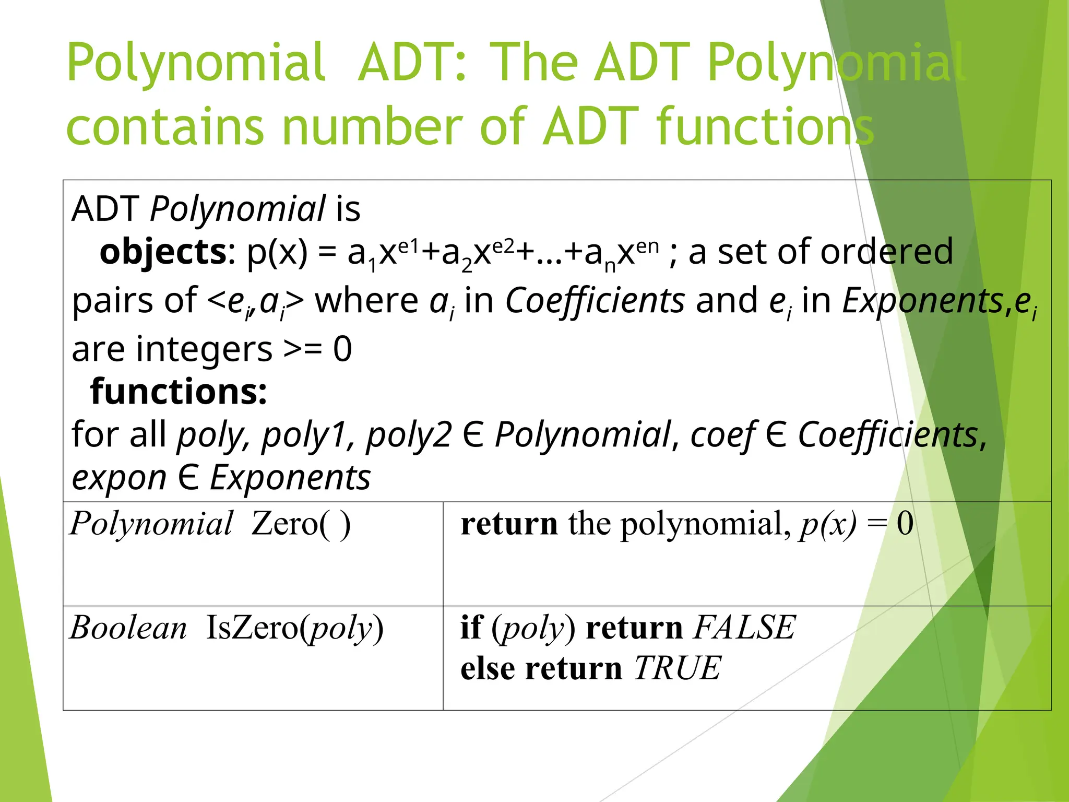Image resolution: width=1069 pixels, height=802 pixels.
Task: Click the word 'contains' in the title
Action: (165, 127)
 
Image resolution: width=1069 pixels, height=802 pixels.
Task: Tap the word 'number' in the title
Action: (371, 127)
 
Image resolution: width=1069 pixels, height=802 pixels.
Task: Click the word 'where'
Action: (366, 301)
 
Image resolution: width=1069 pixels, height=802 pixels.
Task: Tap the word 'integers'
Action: (204, 349)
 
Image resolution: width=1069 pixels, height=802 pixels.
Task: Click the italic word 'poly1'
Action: (303, 434)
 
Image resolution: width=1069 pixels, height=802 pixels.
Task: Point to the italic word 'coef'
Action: (722, 434)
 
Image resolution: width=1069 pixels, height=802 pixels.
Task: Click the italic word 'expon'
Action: (118, 478)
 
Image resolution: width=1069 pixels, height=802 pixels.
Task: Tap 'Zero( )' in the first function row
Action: (301, 524)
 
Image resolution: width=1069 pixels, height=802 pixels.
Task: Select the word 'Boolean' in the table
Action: (128, 628)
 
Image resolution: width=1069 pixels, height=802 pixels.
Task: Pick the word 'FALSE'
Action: (744, 628)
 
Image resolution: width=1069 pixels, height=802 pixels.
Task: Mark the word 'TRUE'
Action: (678, 668)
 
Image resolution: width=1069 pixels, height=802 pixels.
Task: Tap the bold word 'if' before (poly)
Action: (471, 628)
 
